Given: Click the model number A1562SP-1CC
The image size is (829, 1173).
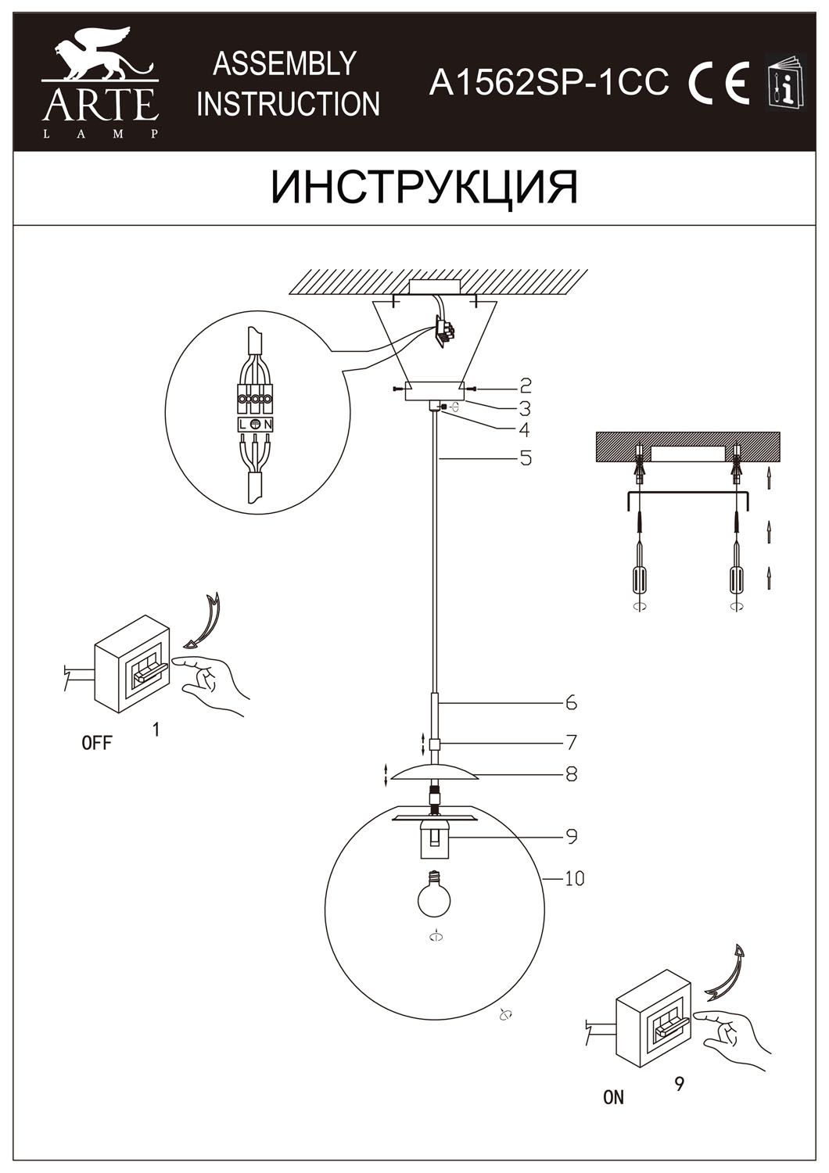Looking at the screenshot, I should [548, 82].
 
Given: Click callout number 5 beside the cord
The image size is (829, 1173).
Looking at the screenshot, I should [525, 457].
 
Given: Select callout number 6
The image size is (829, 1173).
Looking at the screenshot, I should [571, 702].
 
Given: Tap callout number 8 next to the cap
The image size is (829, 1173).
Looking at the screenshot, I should [571, 774].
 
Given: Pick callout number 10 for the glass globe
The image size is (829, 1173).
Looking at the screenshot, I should [574, 879].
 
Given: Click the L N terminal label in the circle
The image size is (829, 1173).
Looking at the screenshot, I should [256, 424].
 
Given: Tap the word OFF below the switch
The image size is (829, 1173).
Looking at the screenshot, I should [97, 743].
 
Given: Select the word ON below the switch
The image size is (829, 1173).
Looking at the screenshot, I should [614, 1097].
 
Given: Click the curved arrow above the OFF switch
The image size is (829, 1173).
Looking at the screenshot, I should [205, 622].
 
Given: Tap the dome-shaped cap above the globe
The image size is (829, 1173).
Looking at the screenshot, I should [436, 773].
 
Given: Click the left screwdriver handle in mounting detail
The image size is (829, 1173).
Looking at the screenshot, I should [640, 580].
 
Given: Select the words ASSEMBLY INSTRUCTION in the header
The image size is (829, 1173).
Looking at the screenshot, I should [288, 84].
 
